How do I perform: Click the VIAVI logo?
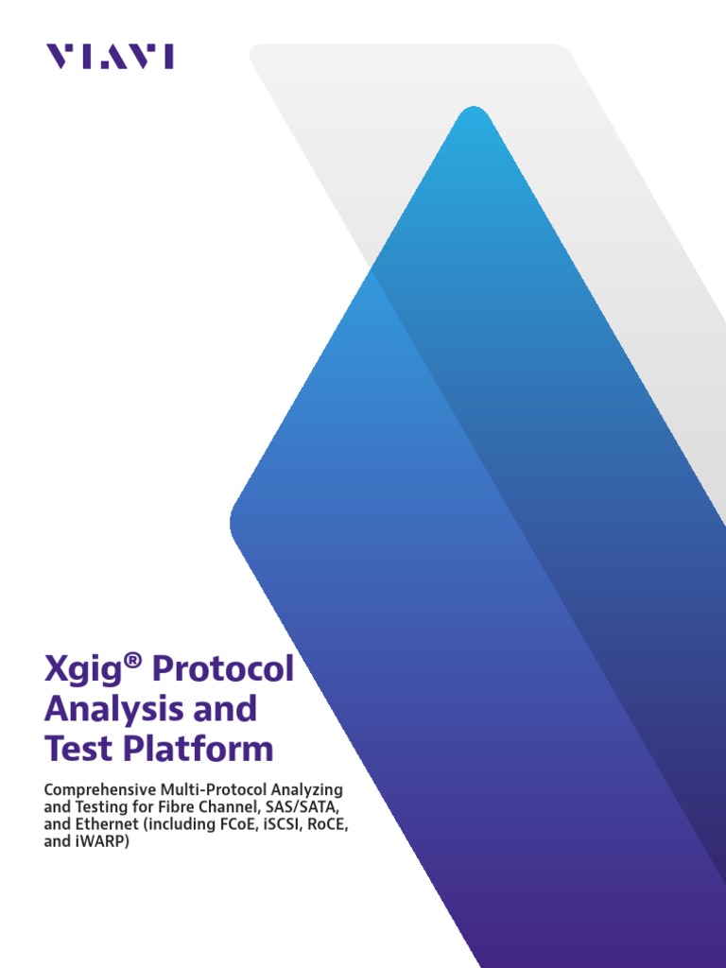[x=110, y=57]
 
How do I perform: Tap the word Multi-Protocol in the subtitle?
[x=209, y=789]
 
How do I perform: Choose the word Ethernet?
[x=106, y=824]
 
